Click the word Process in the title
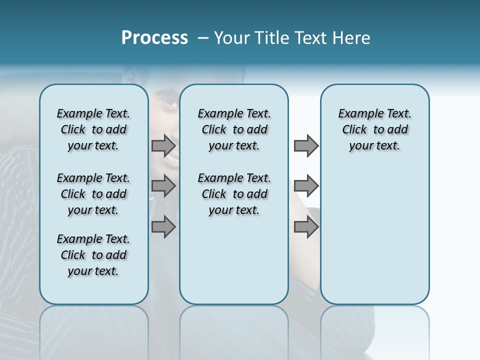154,38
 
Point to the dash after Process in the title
203,38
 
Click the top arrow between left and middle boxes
163,146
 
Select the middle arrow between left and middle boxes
163,186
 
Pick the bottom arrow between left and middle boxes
163,227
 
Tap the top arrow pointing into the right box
306,146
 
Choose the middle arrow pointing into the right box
306,186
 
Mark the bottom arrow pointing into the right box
306,227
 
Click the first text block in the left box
93,129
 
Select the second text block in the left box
93,194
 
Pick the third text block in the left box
93,255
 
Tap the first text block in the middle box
234,129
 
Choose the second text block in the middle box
234,194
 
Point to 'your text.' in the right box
374,146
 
